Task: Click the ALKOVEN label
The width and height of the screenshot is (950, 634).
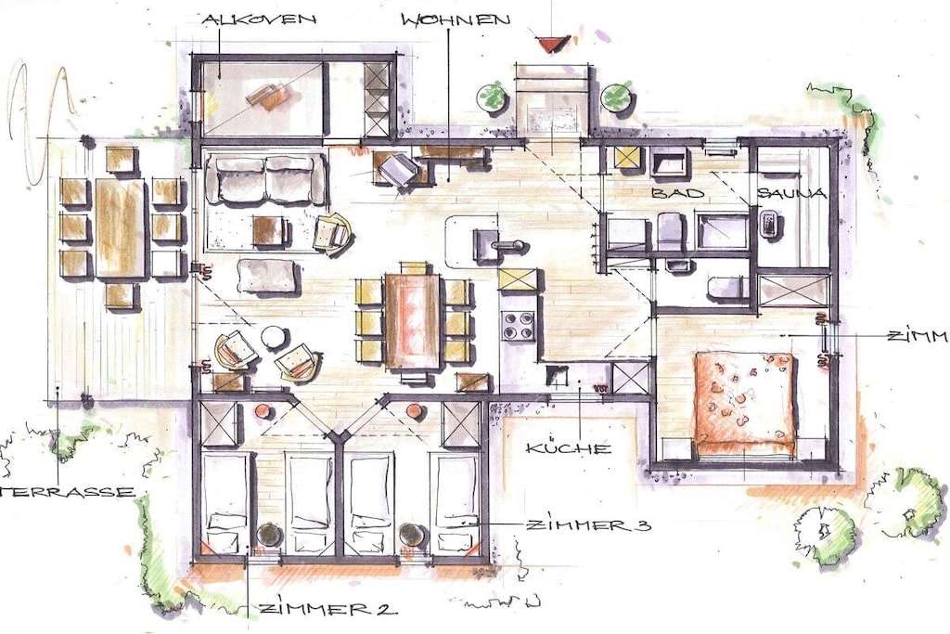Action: [x=259, y=19]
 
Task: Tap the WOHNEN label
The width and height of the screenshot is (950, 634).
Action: [x=456, y=19]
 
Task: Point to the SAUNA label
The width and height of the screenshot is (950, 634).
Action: [x=792, y=193]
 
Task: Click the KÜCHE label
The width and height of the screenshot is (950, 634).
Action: [x=569, y=448]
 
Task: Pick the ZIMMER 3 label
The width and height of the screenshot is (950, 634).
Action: [x=589, y=524]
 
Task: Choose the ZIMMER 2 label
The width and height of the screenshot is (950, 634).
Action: [x=327, y=609]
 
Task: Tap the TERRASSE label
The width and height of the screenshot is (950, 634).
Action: [x=67, y=492]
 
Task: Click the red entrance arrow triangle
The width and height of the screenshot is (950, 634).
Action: [x=552, y=44]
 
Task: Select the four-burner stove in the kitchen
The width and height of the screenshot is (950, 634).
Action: [x=518, y=326]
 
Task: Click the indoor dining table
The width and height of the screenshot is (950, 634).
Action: [x=413, y=320]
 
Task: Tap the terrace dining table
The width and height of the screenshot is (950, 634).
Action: [x=121, y=228]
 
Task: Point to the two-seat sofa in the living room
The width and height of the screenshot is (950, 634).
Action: [x=265, y=179]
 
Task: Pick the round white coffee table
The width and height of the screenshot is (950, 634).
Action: [x=274, y=337]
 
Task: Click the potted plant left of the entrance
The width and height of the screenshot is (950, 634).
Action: [x=492, y=97]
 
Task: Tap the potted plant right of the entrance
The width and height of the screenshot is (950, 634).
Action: [x=616, y=97]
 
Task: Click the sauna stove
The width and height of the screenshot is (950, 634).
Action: [x=769, y=223]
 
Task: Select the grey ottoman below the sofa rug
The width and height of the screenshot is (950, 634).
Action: [x=268, y=276]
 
